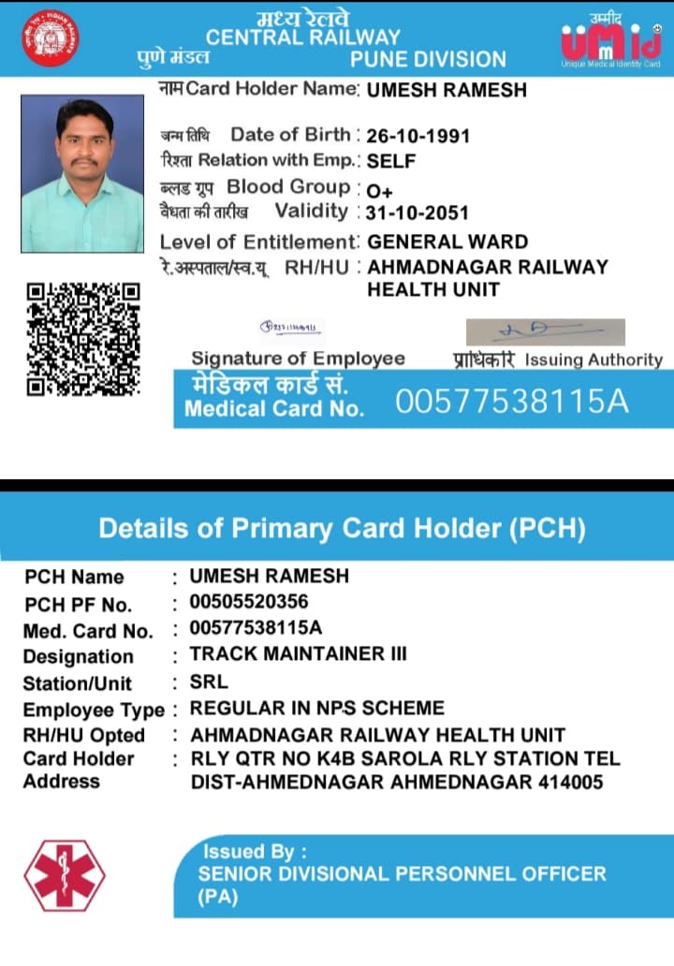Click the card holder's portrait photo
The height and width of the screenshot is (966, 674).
pos(82,173)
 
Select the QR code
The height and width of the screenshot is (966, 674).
pos(82,338)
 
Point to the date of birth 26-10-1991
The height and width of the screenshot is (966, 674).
pos(418,136)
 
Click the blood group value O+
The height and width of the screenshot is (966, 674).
pos(379,189)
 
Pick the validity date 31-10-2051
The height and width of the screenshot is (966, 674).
pos(418,213)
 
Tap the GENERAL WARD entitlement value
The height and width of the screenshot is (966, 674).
pos(447,242)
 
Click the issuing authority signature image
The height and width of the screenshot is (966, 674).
pos(545,332)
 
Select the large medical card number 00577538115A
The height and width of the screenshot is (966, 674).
pos(511,402)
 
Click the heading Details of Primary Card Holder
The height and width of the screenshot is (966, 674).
pos(342,528)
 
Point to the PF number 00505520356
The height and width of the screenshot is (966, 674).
pos(249,601)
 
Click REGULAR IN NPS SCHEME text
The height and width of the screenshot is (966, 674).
pos(317,708)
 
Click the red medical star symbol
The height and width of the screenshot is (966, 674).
pos(65,876)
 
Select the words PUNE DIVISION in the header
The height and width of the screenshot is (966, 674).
pos(428,60)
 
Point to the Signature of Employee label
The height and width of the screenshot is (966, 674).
pos(298,359)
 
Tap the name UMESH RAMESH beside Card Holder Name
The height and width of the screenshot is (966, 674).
pos(447,91)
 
